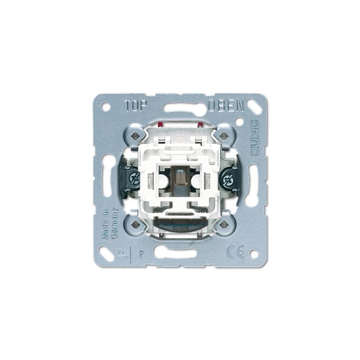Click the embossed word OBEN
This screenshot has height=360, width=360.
pyautogui.click(x=226, y=106)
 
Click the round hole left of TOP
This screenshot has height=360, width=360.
pyautogui.click(x=106, y=107)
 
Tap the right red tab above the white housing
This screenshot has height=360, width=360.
pyautogui.click(x=199, y=122)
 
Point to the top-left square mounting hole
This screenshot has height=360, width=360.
pyautogui.click(x=135, y=134)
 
